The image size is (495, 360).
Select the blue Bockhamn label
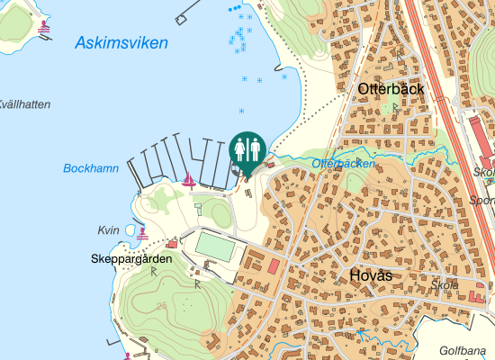(91, 168)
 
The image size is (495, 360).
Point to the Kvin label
(108, 231)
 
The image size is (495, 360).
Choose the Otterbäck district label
(391, 89)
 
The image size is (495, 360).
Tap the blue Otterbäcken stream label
(343, 164)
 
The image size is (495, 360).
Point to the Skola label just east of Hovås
(445, 285)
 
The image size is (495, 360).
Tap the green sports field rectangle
(215, 245)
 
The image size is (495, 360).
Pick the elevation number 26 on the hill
(161, 307)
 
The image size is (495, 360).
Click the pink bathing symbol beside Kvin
(142, 233)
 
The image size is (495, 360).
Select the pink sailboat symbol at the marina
(189, 181)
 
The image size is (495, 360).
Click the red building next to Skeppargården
(172, 243)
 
